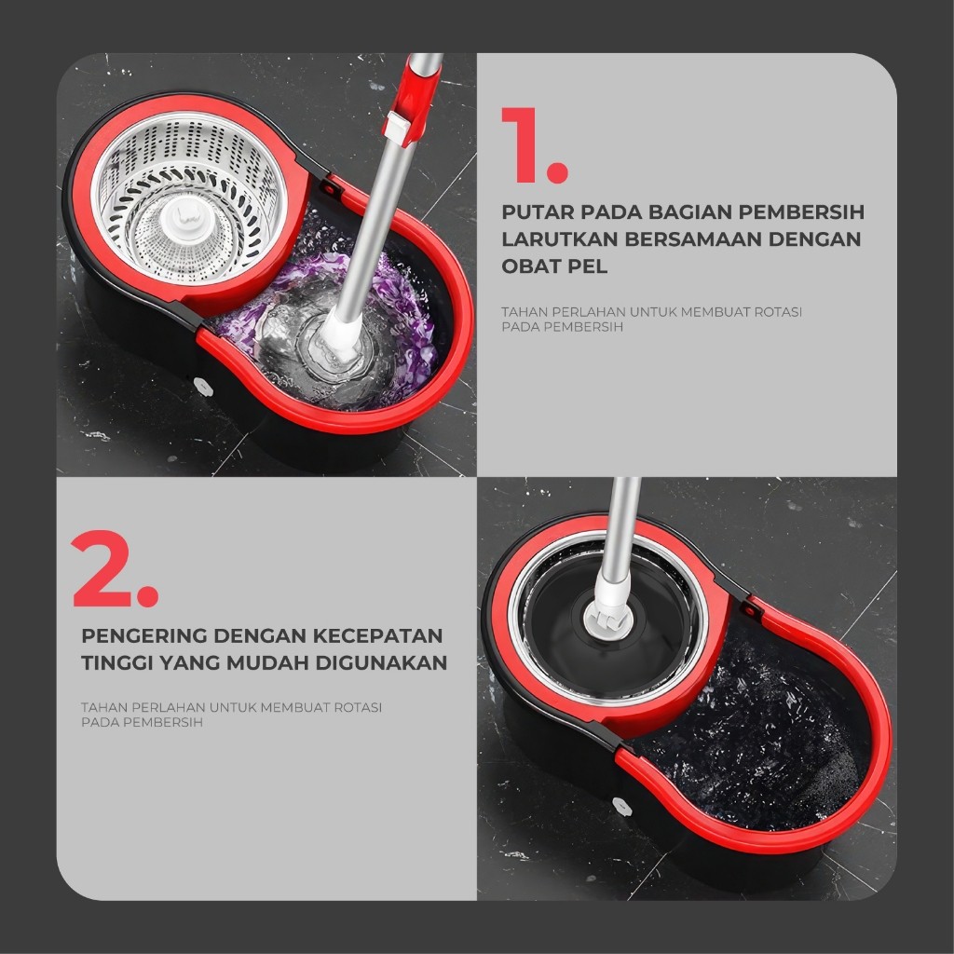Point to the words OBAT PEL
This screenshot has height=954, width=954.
(554, 266)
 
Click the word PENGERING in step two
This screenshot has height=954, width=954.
(144, 635)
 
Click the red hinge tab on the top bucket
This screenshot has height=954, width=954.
(331, 185)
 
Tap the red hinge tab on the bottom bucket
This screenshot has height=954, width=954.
(749, 606)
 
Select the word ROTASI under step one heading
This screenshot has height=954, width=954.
(778, 312)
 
